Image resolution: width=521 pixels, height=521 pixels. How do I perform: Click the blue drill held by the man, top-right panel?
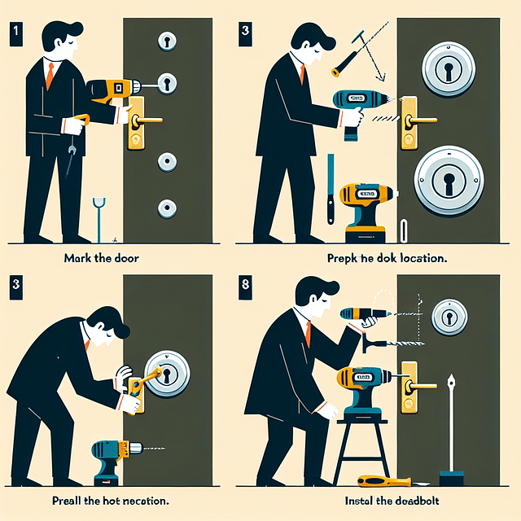coord(354,106)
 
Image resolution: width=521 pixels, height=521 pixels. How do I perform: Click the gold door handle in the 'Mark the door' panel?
coord(139,122)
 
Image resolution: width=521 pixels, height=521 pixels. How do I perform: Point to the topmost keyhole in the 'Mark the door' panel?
coord(168,40)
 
